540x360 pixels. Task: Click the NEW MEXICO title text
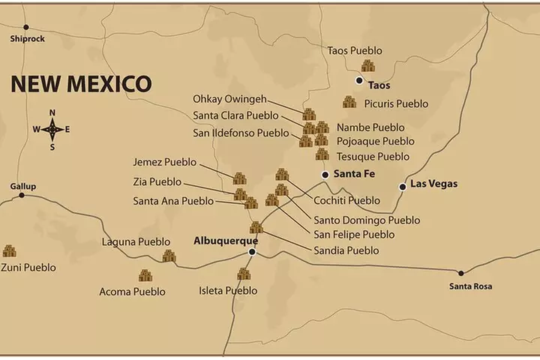(x=81, y=83)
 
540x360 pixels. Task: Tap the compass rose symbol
(x=52, y=129)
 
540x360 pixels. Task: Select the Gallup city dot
(x=22, y=195)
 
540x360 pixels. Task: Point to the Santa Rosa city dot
(x=461, y=273)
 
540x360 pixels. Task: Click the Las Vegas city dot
(x=403, y=186)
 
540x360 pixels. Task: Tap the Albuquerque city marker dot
(x=253, y=252)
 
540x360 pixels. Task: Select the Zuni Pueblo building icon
(x=9, y=251)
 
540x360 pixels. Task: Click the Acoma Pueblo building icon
(x=145, y=275)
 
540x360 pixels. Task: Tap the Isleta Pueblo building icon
(x=244, y=274)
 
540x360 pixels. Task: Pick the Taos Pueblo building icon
(x=368, y=65)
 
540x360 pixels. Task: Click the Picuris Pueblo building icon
(x=349, y=102)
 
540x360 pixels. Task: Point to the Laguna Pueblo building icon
(x=169, y=256)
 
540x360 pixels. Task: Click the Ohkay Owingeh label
(x=227, y=100)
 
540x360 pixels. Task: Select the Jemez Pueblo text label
(x=164, y=161)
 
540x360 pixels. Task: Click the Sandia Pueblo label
(x=346, y=250)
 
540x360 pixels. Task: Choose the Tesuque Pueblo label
(x=373, y=157)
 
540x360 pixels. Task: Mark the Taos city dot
(x=359, y=80)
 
